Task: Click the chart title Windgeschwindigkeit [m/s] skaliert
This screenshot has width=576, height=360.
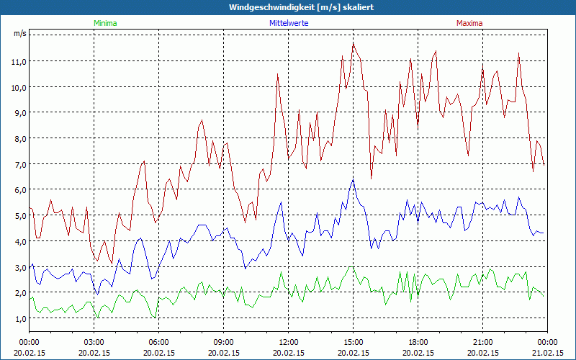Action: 291,7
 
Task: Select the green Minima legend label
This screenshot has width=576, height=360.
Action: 104,23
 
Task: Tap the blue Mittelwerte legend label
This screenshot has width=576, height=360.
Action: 293,23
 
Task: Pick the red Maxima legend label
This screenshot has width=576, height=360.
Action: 469,23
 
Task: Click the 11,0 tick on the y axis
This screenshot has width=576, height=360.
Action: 19,61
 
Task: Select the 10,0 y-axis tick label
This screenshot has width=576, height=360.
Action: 19,87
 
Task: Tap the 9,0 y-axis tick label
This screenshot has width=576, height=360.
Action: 19,112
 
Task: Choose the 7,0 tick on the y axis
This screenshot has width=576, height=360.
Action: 19,164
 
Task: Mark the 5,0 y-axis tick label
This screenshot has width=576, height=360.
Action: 19,215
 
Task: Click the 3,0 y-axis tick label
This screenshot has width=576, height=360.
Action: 19,267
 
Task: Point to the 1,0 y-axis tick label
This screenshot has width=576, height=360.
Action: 19,318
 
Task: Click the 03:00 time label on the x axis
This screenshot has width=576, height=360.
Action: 94,341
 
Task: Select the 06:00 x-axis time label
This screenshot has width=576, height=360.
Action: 159,341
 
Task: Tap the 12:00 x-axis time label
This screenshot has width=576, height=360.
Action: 288,341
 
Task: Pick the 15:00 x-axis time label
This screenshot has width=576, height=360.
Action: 353,341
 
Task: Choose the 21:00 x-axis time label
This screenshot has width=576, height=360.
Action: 482,341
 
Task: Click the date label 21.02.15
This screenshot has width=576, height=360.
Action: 547,353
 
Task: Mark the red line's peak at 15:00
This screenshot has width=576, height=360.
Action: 353,42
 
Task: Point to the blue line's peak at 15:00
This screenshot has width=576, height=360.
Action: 353,179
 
